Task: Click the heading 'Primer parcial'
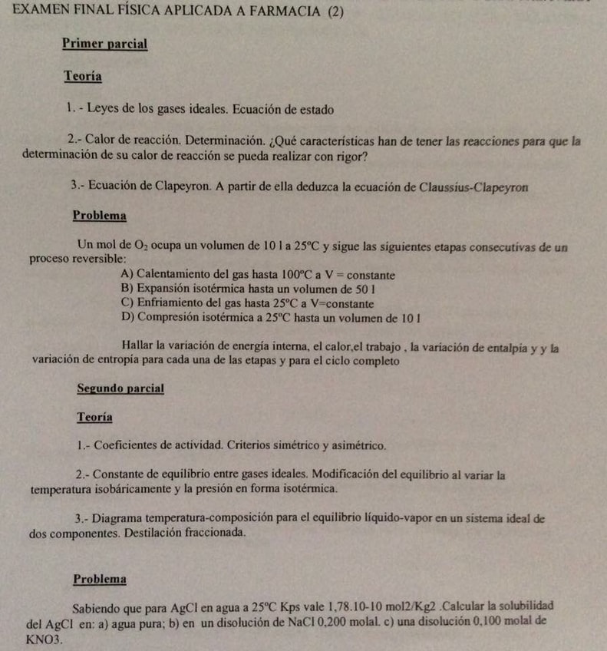[104, 44]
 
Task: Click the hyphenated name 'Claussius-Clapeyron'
[477, 186]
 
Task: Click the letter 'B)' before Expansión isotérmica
[127, 288]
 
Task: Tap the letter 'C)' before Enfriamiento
[127, 302]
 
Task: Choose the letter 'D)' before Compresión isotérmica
[127, 316]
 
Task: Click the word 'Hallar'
[138, 346]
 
